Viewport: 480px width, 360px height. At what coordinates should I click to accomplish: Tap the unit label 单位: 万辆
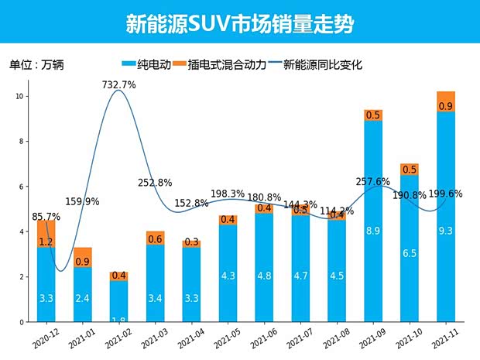(x=36, y=65)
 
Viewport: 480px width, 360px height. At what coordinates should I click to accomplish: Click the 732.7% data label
(x=118, y=84)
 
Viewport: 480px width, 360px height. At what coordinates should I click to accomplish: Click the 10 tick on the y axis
(x=22, y=97)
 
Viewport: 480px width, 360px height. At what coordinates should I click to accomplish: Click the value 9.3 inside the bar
(x=446, y=230)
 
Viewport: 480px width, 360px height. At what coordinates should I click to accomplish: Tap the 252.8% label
(x=155, y=183)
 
